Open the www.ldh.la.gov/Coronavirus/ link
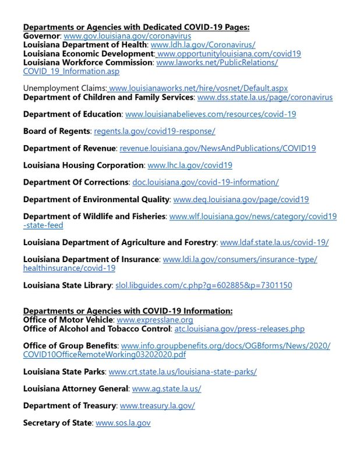point(203,44)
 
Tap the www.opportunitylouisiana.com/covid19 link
point(229,53)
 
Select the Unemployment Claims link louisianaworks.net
point(198,88)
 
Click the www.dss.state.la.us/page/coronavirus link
point(265,97)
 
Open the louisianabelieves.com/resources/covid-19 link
point(210,114)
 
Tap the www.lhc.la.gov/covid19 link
point(190,165)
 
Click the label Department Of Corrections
point(76,182)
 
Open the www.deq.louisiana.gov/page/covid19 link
point(241,199)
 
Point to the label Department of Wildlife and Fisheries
point(94,216)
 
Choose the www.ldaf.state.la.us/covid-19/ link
point(274,242)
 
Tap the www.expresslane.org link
point(155,320)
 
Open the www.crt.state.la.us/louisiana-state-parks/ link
point(182,372)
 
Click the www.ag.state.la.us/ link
point(167,389)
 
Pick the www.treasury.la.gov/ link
point(157,405)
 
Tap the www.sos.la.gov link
point(123,422)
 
